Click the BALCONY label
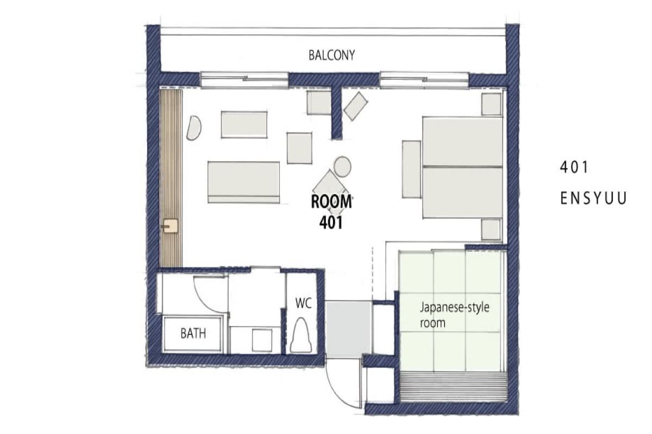point(332,55)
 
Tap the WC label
point(303,303)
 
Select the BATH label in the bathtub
point(193,334)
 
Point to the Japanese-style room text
point(454,315)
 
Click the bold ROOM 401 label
point(331,212)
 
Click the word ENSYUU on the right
point(593,199)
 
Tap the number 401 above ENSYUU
point(574,168)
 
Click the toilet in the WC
point(301,335)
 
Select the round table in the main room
point(342,167)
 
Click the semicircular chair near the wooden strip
point(193,128)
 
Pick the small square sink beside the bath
point(262,340)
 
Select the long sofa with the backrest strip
point(243,182)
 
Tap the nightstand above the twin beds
point(491,104)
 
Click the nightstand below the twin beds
point(491,229)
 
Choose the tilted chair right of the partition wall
point(356,106)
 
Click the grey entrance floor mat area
point(348,329)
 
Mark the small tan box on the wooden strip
point(170,226)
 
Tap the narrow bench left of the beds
point(412,169)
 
